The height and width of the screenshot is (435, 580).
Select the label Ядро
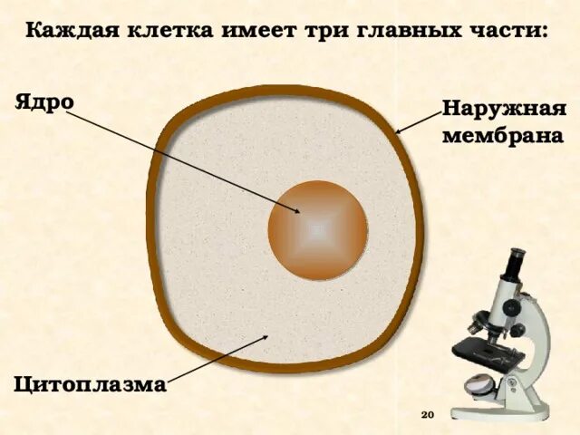pyautogui.click(x=44, y=101)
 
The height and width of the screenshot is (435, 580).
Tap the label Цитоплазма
pyautogui.click(x=90, y=384)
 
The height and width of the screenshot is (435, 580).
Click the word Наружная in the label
pyautogui.click(x=504, y=111)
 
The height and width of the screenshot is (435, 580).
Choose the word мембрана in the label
pyautogui.click(x=502, y=137)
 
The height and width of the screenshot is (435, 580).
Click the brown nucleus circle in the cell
pyautogui.click(x=317, y=230)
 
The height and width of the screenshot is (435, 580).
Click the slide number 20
pyautogui.click(x=429, y=414)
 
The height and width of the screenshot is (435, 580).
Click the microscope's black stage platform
pyautogui.click(x=478, y=346)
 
